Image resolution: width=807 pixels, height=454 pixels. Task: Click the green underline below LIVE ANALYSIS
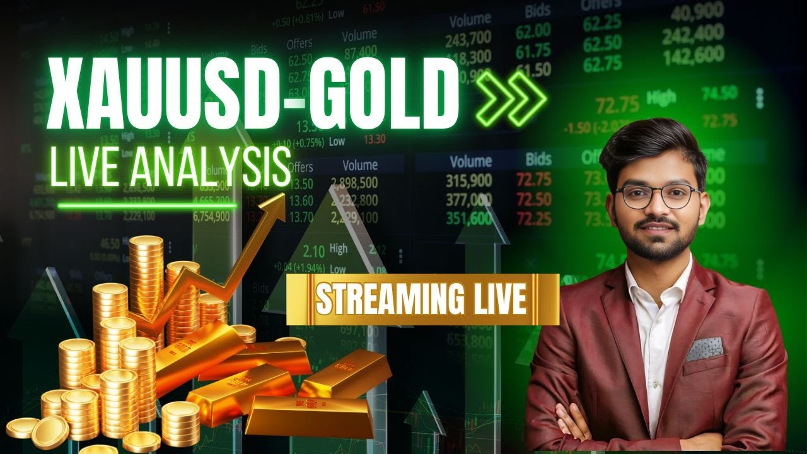(x=148, y=205)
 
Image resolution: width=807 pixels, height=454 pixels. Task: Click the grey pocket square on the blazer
(x=704, y=348)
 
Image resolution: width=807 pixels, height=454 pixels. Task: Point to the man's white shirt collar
(x=656, y=277)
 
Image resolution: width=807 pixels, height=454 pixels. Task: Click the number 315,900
(x=468, y=181)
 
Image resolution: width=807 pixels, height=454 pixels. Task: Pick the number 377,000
(x=468, y=200)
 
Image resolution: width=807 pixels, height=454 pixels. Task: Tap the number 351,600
(x=468, y=219)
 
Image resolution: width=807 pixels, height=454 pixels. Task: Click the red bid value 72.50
(x=533, y=200)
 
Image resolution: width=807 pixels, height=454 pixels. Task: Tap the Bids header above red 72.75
(x=538, y=160)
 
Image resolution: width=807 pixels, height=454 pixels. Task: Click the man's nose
(x=658, y=208)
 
